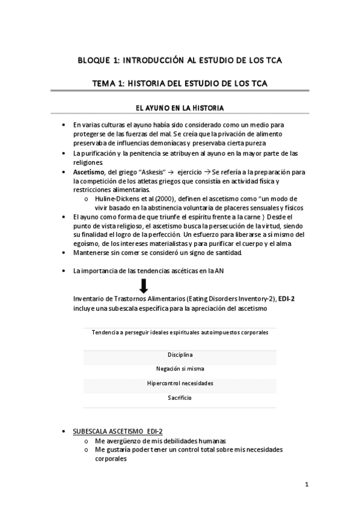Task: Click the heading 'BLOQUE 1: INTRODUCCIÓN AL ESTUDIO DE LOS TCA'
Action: (x=180, y=61)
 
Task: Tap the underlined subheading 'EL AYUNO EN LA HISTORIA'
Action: (x=180, y=108)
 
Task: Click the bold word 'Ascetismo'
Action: (x=88, y=172)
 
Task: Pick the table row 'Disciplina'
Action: (x=180, y=355)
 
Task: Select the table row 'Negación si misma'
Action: (x=180, y=369)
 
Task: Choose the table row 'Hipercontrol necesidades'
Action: (x=180, y=383)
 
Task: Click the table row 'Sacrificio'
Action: (x=180, y=398)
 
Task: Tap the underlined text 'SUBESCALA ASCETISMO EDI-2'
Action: (x=118, y=432)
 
